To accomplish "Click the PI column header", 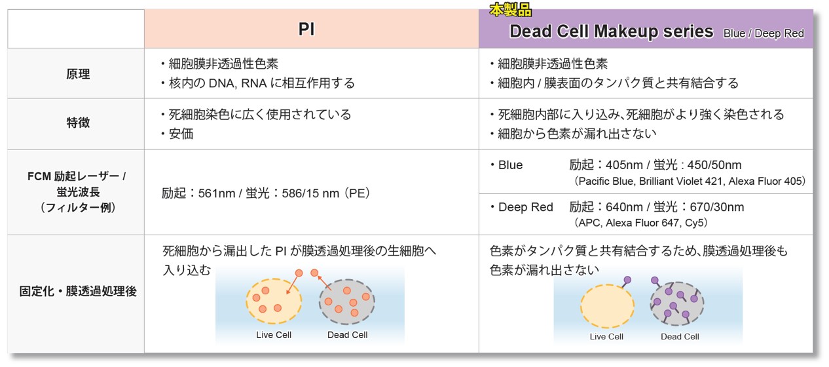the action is click(306, 29).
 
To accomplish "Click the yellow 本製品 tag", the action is click(510, 10).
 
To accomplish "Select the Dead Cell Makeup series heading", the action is click(612, 31).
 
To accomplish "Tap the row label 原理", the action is click(78, 74).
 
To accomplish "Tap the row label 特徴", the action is click(78, 122).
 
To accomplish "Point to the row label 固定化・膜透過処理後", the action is click(78, 292).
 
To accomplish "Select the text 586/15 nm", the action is click(310, 193).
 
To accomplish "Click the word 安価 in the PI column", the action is click(181, 134).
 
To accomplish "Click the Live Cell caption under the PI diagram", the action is click(274, 335).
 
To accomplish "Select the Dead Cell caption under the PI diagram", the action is click(348, 335).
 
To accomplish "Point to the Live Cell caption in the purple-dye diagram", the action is click(606, 337).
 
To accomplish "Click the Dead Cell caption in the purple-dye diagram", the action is click(680, 337).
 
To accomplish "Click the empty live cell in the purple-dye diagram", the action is click(607, 306).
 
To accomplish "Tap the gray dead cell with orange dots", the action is click(347, 301).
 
